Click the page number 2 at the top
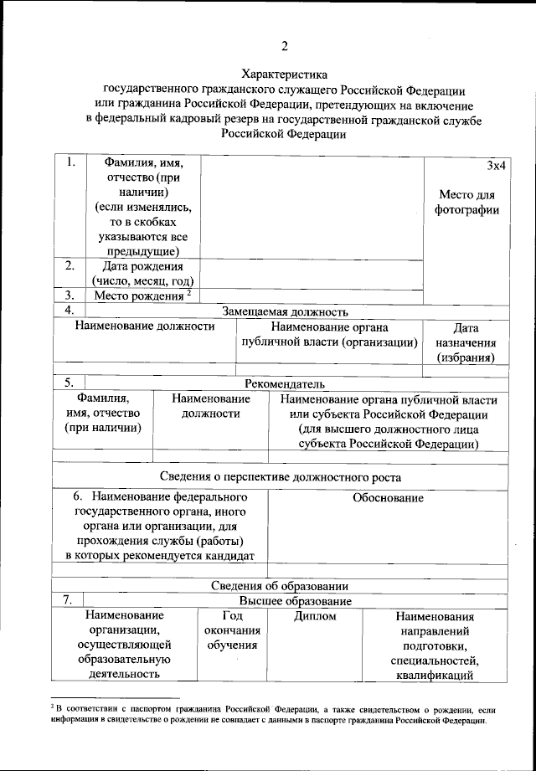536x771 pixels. click(x=284, y=45)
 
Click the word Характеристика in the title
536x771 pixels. click(x=284, y=75)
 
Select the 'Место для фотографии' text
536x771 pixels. click(x=466, y=203)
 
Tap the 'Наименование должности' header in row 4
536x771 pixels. click(x=145, y=327)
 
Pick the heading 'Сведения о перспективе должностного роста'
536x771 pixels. click(x=280, y=477)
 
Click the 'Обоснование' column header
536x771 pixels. click(x=388, y=498)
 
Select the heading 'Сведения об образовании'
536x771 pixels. click(x=279, y=586)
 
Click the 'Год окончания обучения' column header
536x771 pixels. click(x=230, y=630)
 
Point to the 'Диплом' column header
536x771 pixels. click(x=315, y=617)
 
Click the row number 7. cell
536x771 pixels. click(x=67, y=600)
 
